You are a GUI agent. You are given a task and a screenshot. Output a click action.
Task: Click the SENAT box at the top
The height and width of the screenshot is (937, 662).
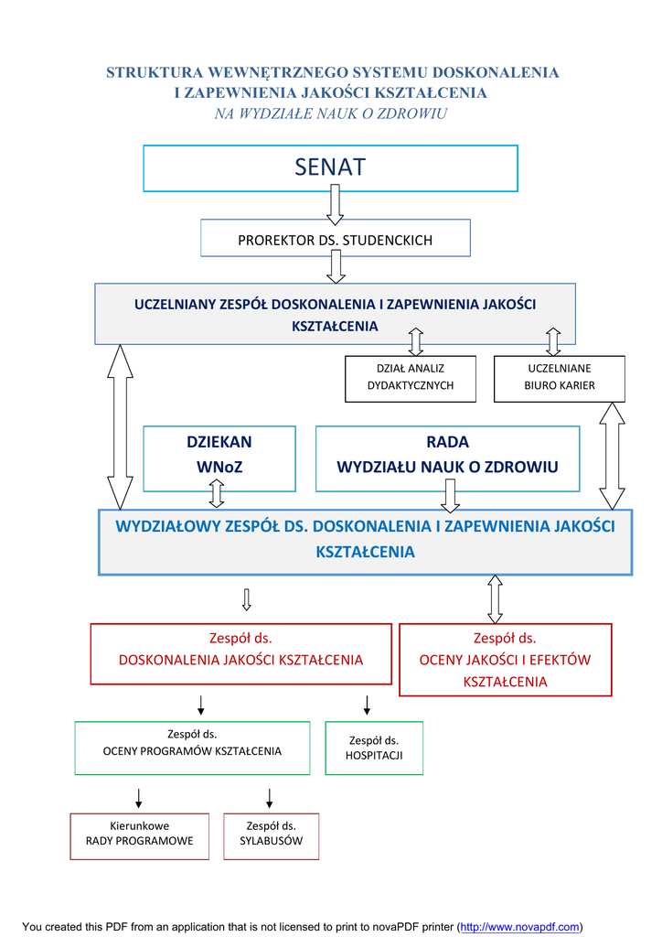(330, 167)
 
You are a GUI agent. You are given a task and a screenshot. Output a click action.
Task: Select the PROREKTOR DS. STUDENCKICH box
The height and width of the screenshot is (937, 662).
(335, 240)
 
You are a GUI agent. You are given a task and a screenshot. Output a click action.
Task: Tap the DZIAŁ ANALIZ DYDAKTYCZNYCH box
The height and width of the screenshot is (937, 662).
(411, 378)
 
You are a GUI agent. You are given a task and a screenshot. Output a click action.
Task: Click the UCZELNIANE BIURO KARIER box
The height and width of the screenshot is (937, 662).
(559, 378)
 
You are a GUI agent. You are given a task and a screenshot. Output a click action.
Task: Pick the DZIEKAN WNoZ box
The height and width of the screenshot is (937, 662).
(219, 455)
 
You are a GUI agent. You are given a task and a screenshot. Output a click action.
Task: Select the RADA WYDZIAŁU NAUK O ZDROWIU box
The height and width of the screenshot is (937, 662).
(447, 455)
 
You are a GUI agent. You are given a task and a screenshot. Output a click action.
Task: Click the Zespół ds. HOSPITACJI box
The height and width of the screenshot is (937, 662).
(374, 748)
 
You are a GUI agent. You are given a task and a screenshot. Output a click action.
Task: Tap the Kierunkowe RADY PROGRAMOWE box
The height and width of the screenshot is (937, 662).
(139, 834)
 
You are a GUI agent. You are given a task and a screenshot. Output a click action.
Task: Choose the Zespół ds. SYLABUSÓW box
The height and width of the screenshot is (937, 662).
(271, 834)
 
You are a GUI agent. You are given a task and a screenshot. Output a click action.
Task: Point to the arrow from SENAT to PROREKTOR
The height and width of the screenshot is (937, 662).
(335, 203)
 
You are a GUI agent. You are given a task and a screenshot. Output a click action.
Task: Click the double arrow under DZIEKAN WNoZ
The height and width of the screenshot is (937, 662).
(217, 493)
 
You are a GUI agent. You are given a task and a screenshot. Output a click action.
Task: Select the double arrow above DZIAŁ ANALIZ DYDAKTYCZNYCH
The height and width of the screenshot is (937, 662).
(416, 341)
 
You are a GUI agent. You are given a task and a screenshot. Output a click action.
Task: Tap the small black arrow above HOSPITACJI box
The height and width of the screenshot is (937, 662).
(367, 705)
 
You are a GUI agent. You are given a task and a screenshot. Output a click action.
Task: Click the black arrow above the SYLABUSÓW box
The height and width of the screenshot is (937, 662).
(269, 796)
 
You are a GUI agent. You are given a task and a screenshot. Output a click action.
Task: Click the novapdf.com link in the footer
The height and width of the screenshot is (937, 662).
(520, 927)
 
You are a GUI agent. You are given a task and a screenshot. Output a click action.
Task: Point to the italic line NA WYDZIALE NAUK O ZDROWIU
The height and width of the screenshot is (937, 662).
(330, 113)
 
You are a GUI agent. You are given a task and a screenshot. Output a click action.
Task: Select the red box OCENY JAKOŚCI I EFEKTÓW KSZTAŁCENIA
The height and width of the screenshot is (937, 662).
(505, 660)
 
